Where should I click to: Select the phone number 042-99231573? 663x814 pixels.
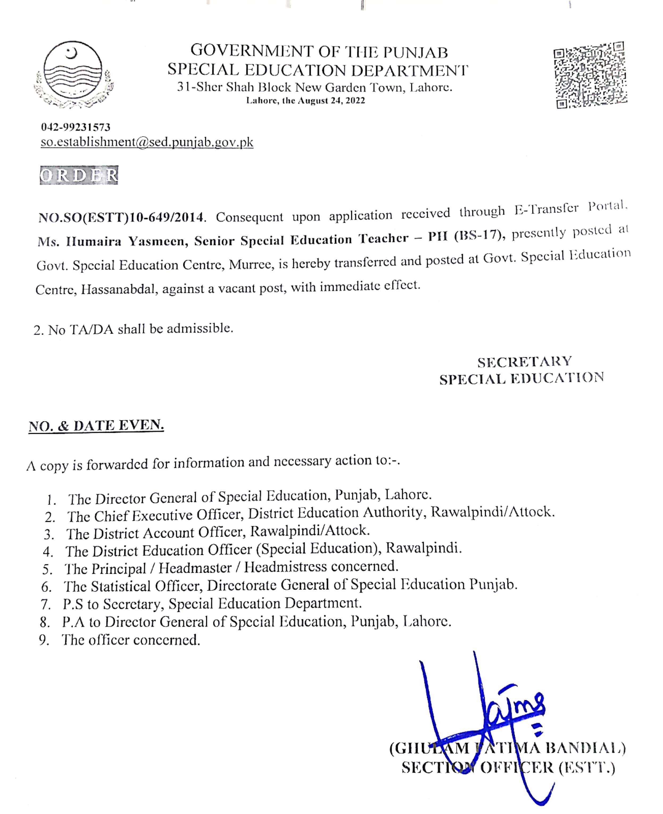point(76,127)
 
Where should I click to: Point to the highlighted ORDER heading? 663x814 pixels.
point(79,175)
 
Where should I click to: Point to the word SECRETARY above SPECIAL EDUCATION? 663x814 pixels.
point(524,362)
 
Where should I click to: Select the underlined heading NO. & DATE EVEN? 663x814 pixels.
point(96,426)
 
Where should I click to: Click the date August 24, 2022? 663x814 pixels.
point(331,101)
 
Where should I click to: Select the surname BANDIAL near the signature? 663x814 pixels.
point(585,748)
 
